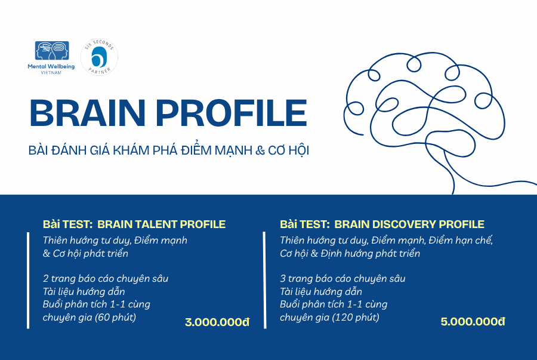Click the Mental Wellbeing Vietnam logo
51,57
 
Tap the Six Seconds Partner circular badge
99,57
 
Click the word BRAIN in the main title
87,113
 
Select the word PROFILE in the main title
232,113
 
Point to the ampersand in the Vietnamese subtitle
260,150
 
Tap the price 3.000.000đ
217,322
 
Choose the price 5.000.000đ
473,321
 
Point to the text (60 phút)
115,317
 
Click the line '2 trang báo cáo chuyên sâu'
106,278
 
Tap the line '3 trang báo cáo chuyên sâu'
342,278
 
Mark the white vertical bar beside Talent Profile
28,280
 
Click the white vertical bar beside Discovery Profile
264,280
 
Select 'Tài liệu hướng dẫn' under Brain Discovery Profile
321,291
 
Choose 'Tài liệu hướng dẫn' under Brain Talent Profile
84,291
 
